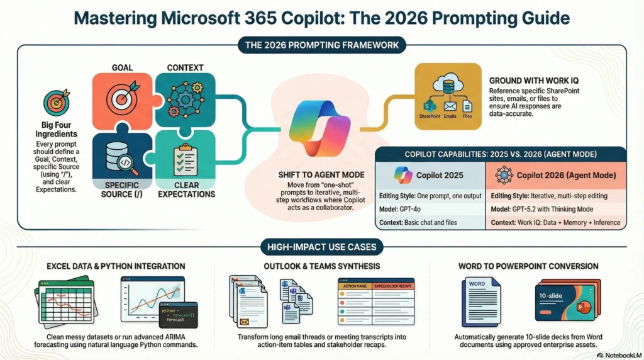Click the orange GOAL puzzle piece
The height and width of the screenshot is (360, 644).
tap(122, 101)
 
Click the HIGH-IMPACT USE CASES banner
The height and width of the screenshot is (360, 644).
tap(321, 248)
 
